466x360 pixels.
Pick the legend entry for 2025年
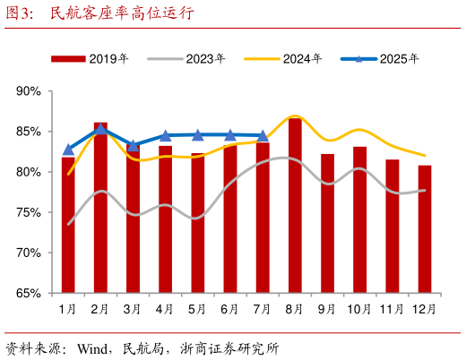pos(381,59)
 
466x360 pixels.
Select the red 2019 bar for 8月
pos(295,205)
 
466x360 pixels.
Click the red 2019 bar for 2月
pos(100,207)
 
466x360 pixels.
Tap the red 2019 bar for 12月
pos(425,228)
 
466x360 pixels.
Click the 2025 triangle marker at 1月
pos(68,150)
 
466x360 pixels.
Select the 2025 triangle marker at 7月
pos(263,136)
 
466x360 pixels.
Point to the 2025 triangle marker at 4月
pos(166,136)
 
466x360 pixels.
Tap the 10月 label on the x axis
pos(359,309)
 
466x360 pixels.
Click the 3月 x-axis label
pos(133,309)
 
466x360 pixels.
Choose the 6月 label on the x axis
pos(230,309)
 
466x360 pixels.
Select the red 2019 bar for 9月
pos(327,223)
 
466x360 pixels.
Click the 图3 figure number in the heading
pos(20,13)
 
